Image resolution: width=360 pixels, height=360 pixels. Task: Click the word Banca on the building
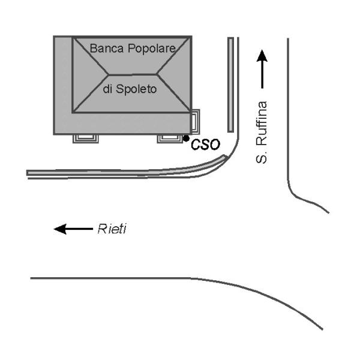(x=107, y=49)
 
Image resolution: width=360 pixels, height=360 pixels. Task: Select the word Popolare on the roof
(x=152, y=49)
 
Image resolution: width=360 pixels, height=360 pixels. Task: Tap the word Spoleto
(x=136, y=89)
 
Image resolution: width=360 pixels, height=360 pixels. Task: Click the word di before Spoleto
(x=107, y=89)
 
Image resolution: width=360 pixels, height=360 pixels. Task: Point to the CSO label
(x=205, y=145)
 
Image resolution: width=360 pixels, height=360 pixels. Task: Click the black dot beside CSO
(x=186, y=138)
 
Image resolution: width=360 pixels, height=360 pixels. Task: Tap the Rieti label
(x=112, y=229)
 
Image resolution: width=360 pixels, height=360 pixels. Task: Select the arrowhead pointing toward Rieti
(x=60, y=229)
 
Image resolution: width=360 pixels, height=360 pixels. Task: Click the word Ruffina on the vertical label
(x=262, y=124)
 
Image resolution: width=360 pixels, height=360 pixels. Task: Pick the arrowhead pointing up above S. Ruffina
(x=262, y=56)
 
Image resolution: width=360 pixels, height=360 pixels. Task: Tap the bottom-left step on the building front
(x=86, y=139)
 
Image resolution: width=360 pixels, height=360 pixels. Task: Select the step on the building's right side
(x=195, y=122)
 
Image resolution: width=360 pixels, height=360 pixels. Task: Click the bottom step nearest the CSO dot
(x=170, y=139)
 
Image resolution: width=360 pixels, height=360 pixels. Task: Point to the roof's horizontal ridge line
(x=133, y=74)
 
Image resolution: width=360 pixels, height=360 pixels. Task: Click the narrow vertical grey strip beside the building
(x=231, y=85)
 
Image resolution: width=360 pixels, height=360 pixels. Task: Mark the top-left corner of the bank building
(x=54, y=36)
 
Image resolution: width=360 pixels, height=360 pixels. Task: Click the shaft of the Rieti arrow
(x=79, y=229)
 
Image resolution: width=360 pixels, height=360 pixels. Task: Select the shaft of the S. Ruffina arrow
(x=262, y=75)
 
